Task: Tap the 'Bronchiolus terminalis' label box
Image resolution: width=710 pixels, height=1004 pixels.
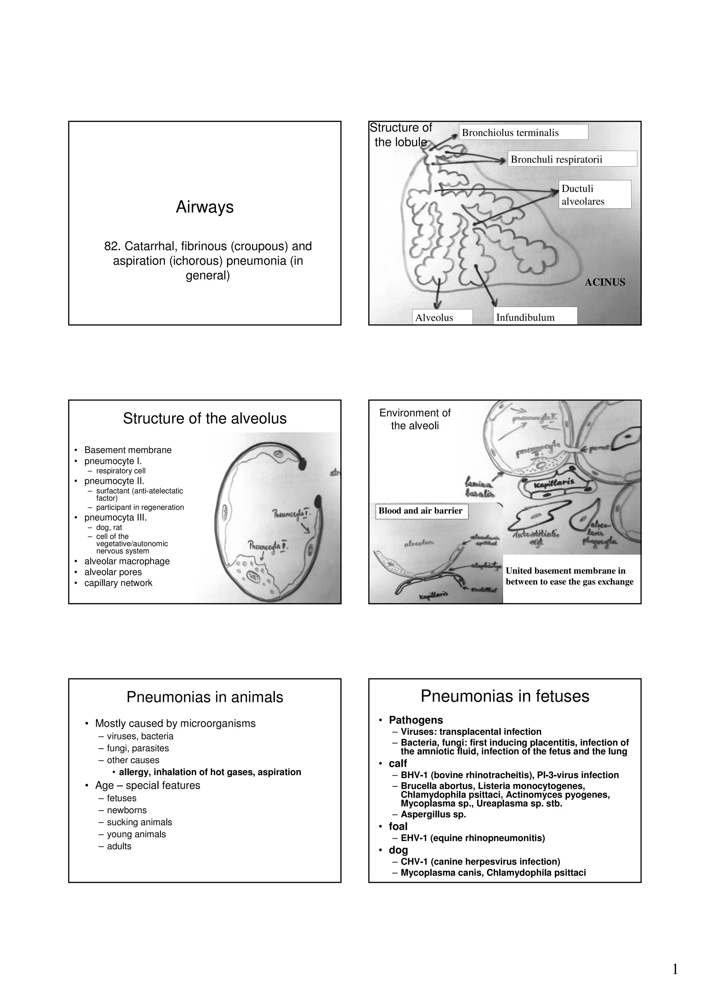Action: (x=523, y=132)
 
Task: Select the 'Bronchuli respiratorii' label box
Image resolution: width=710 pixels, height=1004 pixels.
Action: (x=572, y=159)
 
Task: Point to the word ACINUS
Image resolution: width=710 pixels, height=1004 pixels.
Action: (x=605, y=282)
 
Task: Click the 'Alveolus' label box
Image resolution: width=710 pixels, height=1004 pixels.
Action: (x=442, y=317)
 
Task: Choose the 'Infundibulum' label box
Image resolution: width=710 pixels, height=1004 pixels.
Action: (x=535, y=317)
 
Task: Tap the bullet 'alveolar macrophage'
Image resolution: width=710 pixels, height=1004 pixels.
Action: (x=127, y=561)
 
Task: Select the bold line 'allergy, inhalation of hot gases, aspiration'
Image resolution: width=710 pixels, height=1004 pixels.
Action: (x=210, y=772)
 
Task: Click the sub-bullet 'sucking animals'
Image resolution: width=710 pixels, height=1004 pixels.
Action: (x=139, y=822)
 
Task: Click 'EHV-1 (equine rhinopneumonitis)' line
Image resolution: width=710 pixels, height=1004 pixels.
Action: (x=473, y=838)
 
